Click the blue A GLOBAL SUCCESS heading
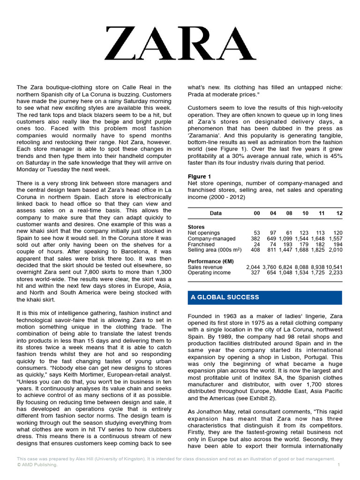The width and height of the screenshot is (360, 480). (225, 298)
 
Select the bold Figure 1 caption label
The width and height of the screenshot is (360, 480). (199, 176)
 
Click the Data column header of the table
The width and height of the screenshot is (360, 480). (216, 213)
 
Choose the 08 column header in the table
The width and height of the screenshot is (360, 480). (289, 213)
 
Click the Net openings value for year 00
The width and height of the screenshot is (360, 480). (256, 232)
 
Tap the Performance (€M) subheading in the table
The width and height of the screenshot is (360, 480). (210, 261)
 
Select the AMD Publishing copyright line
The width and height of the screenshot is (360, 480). (37, 465)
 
